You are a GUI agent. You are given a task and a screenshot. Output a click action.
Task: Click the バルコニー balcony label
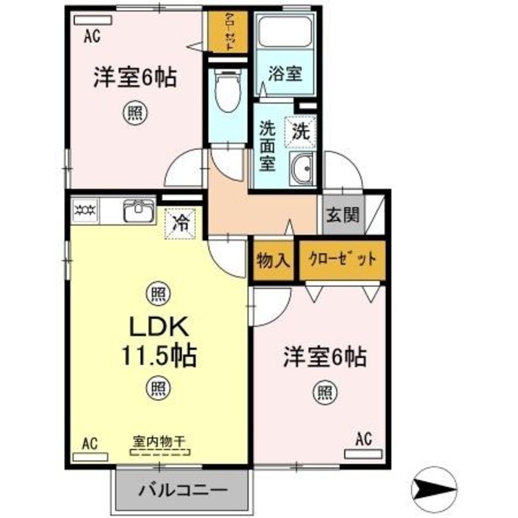tap(182, 490)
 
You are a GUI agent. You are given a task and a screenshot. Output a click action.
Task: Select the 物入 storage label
tap(272, 260)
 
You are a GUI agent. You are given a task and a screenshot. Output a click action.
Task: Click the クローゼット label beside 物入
tap(342, 260)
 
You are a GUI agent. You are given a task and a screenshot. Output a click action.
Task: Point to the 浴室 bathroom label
tap(285, 74)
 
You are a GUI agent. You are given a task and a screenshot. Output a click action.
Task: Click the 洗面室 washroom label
tap(267, 147)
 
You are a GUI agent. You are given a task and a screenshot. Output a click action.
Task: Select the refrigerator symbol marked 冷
tap(182, 221)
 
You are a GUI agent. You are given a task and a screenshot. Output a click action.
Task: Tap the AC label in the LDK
tap(90, 442)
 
